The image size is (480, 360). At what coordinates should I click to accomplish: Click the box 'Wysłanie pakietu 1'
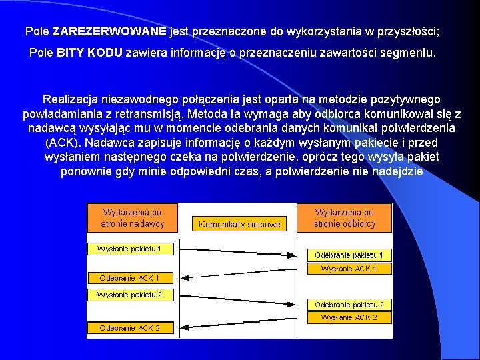[x=130, y=249]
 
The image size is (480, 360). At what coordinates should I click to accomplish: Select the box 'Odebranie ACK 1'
[x=130, y=277]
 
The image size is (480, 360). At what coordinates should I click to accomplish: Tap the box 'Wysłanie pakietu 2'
[x=130, y=294]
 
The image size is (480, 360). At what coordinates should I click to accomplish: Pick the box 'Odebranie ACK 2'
[x=130, y=327]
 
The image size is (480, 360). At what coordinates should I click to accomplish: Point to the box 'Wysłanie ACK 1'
[x=349, y=269]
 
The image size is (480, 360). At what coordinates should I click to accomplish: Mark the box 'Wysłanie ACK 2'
[x=349, y=317]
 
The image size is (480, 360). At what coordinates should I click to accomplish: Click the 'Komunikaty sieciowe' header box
[x=239, y=225]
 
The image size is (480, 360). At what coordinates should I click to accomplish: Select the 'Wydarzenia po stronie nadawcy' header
[x=132, y=218]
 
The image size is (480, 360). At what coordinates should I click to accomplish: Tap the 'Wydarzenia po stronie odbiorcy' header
[x=345, y=218]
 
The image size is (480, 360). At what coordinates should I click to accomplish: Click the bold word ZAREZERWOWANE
[x=110, y=31]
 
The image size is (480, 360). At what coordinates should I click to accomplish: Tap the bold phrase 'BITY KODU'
[x=89, y=53]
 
